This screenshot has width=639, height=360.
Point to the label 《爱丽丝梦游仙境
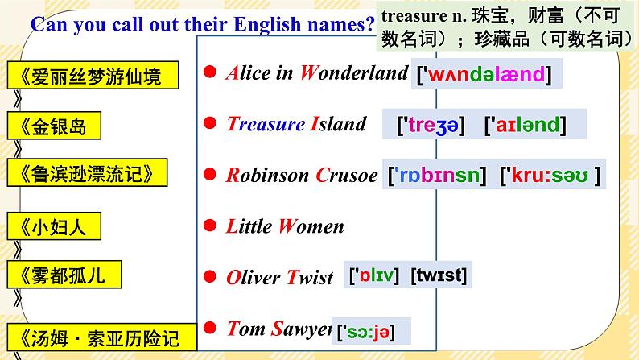[85, 77]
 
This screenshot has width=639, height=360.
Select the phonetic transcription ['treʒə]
[433, 125]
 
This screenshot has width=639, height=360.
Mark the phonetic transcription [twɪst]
[438, 276]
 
